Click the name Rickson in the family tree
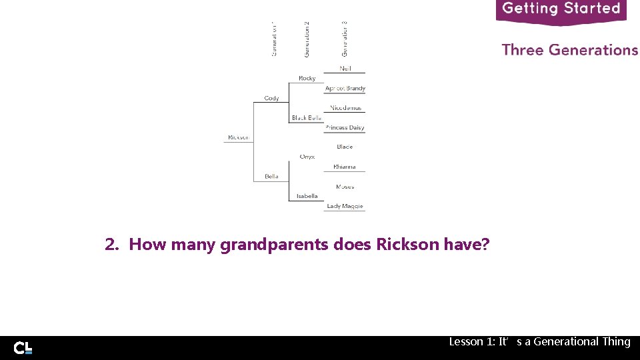pyautogui.click(x=238, y=137)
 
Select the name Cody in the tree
pyautogui.click(x=271, y=98)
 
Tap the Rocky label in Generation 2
pyautogui.click(x=307, y=78)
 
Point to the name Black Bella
pyautogui.click(x=306, y=118)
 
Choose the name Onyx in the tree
pyautogui.click(x=307, y=157)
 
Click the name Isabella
pyautogui.click(x=307, y=196)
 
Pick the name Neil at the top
pyautogui.click(x=345, y=69)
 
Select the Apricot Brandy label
pyautogui.click(x=345, y=88)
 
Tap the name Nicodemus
pyautogui.click(x=345, y=108)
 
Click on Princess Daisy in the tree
pyautogui.click(x=345, y=127)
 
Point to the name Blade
pyautogui.click(x=345, y=147)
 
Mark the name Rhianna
pyautogui.click(x=345, y=167)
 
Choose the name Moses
pyautogui.click(x=345, y=187)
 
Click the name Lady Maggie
pyautogui.click(x=345, y=206)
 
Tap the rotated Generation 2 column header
pyautogui.click(x=307, y=39)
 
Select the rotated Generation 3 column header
pyautogui.click(x=345, y=39)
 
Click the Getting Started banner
pyautogui.click(x=561, y=9)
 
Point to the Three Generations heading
pyautogui.click(x=569, y=50)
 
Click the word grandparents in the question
pyautogui.click(x=275, y=245)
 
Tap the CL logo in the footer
pyautogui.click(x=23, y=347)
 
